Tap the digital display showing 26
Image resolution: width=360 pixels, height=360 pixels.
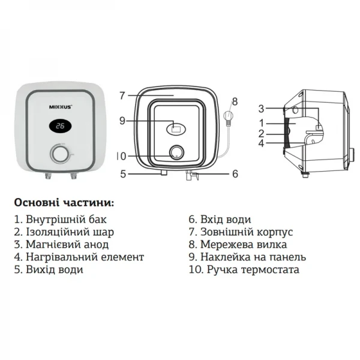[60, 127]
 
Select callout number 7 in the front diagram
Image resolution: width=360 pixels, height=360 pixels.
[122, 95]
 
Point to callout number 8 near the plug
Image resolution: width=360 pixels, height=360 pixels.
[235, 100]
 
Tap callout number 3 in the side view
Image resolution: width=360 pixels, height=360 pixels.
[261, 109]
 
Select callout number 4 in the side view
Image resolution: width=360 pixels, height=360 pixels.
[261, 143]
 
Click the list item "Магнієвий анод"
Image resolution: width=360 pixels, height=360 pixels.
[61, 244]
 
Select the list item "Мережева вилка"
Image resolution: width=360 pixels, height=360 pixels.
[238, 244]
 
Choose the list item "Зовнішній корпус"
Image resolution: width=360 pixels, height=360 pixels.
[240, 232]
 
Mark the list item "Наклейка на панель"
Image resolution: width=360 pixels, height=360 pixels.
[247, 257]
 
